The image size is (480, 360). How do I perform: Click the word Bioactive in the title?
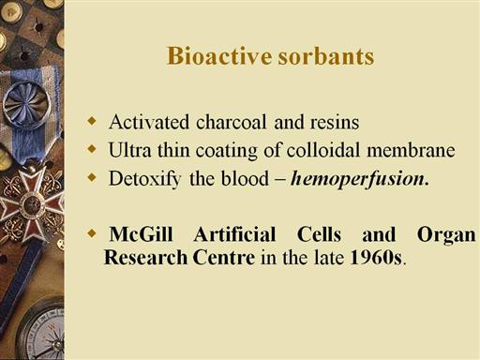coord(219,56)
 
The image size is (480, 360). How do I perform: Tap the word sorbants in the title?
coord(326,56)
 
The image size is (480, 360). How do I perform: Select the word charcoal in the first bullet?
coord(231,122)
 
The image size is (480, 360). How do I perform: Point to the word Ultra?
coord(129,150)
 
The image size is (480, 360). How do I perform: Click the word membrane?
coord(411,150)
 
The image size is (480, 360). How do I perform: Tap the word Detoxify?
coord(144,179)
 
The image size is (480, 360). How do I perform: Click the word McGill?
coord(142,234)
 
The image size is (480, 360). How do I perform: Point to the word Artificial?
coord(234,234)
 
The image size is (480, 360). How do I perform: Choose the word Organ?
coord(446,235)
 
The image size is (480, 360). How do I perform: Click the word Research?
coord(145,258)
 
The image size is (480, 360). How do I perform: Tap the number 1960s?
coord(375,258)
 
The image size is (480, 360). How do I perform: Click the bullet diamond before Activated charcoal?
coord(92,121)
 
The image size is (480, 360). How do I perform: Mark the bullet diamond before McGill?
coord(92,232)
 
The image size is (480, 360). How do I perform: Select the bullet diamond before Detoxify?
coord(92,177)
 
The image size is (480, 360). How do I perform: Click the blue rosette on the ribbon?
coord(26,105)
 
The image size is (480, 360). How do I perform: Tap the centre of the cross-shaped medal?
coord(31,205)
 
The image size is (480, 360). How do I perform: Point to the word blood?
coord(245,179)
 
